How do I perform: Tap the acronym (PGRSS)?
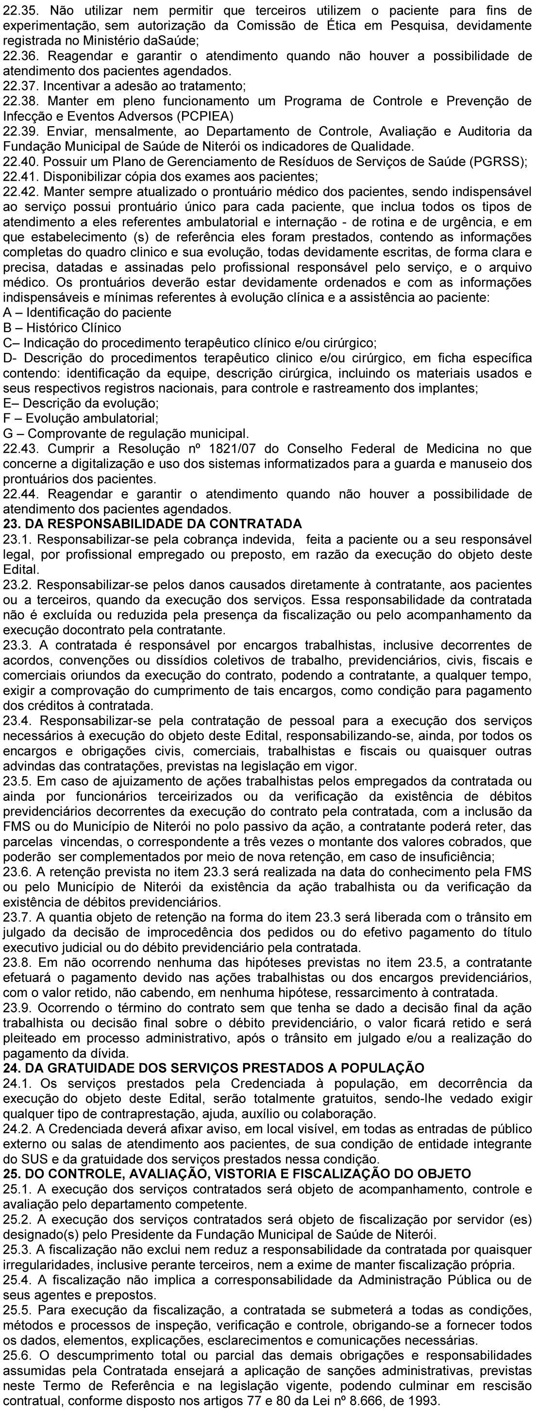498,162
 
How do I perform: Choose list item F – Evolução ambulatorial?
81,419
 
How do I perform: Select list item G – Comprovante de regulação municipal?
126,434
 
